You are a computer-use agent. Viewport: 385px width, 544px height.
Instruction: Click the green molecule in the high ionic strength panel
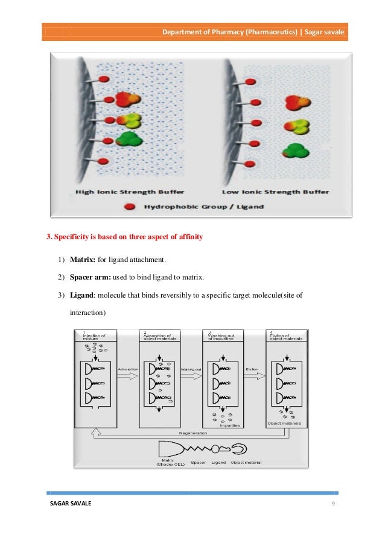[x=127, y=140]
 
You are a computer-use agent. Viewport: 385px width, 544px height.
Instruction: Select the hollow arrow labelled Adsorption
[x=128, y=375]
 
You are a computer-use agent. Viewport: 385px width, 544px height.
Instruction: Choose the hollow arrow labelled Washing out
[x=191, y=375]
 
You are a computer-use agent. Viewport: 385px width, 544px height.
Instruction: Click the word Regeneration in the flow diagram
[x=193, y=433]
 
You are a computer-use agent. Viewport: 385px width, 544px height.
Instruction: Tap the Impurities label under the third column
[x=230, y=425]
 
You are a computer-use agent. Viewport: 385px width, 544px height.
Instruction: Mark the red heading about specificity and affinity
[x=124, y=237]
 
